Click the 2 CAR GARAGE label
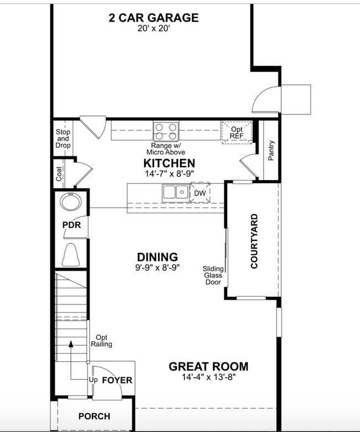(153, 17)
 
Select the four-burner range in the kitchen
(166, 131)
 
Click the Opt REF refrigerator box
(236, 132)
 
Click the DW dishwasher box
(200, 193)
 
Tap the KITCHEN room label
(169, 163)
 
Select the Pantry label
(271, 150)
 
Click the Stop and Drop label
(63, 139)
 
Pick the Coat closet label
(59, 174)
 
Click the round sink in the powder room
(71, 202)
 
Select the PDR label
(71, 225)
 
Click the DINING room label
(157, 257)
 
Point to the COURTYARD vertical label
(254, 241)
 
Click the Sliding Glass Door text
(213, 275)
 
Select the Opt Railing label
(101, 341)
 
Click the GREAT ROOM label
(208, 366)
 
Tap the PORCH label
(94, 416)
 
